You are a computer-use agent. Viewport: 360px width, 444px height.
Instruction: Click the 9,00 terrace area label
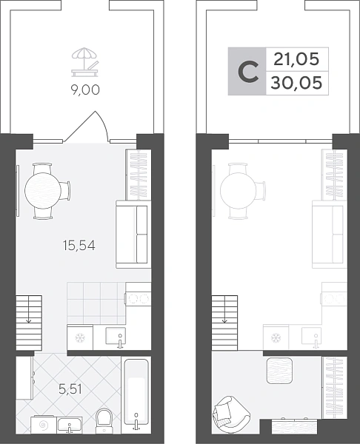[x=85, y=90]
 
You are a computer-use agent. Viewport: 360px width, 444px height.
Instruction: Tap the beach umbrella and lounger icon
[x=85, y=62]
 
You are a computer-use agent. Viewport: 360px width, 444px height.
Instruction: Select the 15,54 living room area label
[x=79, y=245]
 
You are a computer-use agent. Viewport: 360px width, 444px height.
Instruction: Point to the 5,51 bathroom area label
[x=70, y=389]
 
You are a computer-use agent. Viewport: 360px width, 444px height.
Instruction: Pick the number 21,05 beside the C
[x=296, y=59]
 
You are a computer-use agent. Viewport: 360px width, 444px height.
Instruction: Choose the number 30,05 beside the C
[x=296, y=83]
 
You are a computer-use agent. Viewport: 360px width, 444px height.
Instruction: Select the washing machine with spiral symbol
[x=44, y=425]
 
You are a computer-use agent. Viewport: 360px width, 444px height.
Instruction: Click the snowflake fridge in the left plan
[x=80, y=338]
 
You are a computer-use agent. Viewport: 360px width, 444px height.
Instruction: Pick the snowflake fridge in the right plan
[x=276, y=337]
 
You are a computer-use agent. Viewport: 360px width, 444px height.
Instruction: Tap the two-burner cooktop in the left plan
[x=138, y=298]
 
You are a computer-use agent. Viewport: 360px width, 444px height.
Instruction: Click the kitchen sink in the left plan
[x=116, y=336]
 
